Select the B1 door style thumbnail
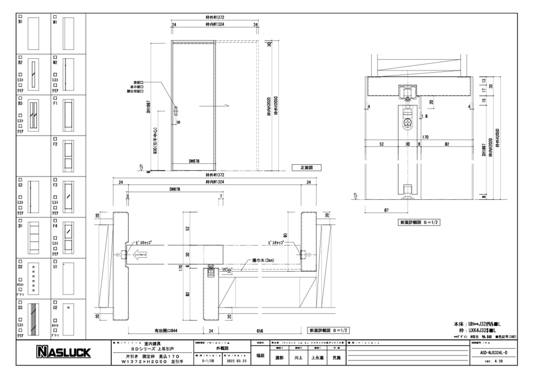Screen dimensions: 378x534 click(33, 31)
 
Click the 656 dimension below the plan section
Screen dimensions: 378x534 click(260, 331)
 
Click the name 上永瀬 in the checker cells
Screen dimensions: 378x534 click(318, 358)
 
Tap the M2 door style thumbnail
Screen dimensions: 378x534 click(68, 73)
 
